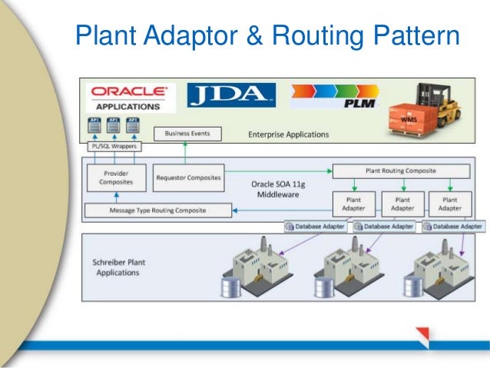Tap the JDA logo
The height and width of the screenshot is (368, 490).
click(231, 96)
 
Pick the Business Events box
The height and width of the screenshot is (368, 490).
click(187, 134)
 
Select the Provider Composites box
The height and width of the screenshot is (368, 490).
click(116, 178)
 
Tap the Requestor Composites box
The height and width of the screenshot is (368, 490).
click(188, 177)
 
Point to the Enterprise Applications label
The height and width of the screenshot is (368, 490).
click(288, 134)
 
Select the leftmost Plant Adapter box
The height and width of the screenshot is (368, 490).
click(353, 203)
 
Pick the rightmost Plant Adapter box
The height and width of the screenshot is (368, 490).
click(449, 203)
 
